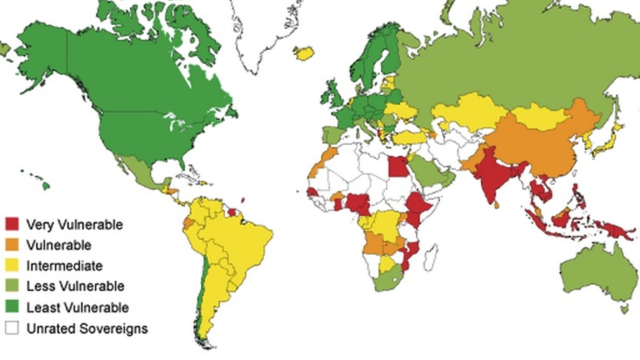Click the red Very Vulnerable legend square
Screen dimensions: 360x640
pyautogui.click(x=12, y=224)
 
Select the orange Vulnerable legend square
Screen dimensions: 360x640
pyautogui.click(x=12, y=245)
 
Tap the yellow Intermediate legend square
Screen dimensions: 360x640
pyautogui.click(x=12, y=266)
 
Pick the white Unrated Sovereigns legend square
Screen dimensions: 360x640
pyautogui.click(x=12, y=328)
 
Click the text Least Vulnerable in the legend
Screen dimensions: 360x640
pyautogui.click(x=78, y=307)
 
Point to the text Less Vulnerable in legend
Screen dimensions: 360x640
pyautogui.click(x=75, y=286)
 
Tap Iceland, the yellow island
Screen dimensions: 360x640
pyautogui.click(x=304, y=52)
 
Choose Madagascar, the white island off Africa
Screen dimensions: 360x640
pyautogui.click(x=431, y=254)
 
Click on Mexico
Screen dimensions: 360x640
pyautogui.click(x=138, y=168)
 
